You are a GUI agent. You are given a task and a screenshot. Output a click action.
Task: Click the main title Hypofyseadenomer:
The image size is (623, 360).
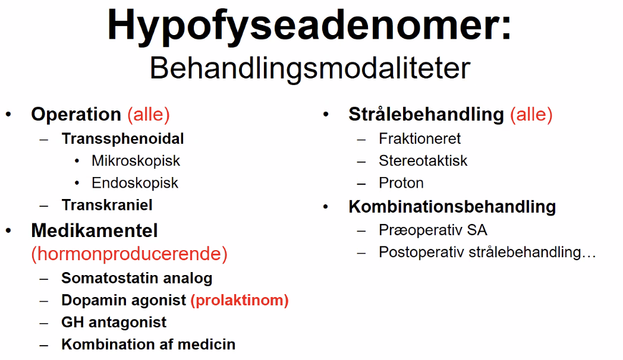coord(309,26)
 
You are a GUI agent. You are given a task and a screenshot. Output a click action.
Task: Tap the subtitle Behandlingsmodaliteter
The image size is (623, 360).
coord(310,69)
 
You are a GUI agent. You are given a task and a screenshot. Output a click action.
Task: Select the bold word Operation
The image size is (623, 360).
coord(76,115)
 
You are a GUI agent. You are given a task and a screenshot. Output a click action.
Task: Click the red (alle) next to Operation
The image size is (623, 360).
coord(149,115)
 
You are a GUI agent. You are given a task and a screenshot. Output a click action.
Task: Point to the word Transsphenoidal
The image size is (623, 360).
coord(123,138)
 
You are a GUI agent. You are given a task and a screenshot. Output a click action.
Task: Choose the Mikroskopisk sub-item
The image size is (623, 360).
coord(136,161)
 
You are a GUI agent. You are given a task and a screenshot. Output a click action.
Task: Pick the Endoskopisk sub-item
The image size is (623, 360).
coord(135,183)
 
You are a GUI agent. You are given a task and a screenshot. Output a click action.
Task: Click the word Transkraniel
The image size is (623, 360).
coord(107,205)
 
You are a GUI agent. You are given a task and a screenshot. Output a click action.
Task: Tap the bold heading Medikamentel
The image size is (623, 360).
coord(95,230)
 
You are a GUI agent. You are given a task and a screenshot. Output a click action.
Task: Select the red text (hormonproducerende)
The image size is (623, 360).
coord(130,254)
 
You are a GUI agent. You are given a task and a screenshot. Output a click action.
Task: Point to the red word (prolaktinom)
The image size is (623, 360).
coord(240,301)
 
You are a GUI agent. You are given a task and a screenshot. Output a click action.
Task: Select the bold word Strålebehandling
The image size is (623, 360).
coord(426,115)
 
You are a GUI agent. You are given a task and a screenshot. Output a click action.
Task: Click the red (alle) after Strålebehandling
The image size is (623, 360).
coord(531,115)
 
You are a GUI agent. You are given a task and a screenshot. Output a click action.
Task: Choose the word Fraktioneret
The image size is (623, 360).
coord(420,138)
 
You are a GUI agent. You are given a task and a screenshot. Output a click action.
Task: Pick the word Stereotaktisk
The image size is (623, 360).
coord(423,161)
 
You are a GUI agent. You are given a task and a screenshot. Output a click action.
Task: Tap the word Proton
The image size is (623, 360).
coord(401,183)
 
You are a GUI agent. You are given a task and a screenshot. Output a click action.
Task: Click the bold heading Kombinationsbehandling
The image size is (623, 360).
coord(452,207)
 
